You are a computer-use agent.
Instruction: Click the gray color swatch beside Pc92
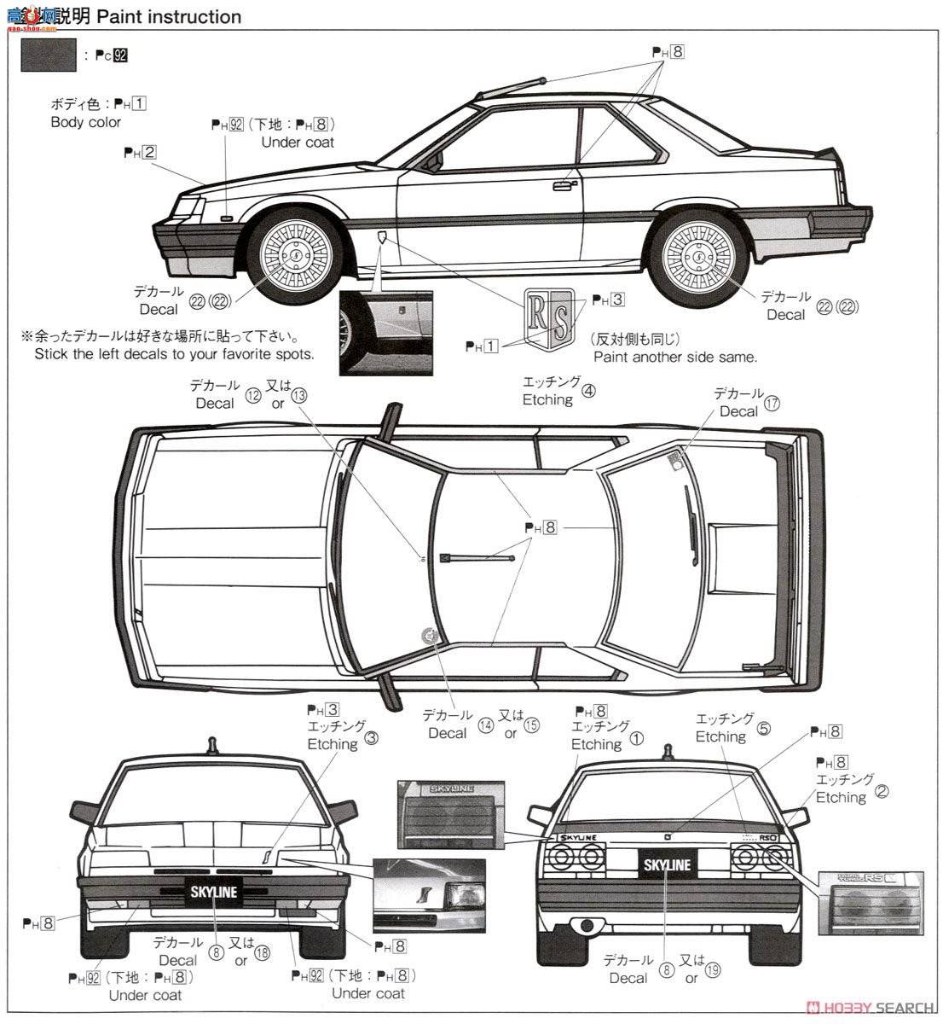tap(48, 56)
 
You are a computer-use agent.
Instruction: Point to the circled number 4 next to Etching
tap(589, 392)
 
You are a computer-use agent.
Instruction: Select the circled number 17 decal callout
tap(772, 404)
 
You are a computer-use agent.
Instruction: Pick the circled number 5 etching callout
tap(764, 728)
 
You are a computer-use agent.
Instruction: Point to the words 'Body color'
tap(86, 122)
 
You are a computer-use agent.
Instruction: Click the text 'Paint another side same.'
tap(675, 357)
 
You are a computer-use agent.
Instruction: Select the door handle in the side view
tap(565, 184)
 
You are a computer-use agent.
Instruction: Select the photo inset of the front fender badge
tap(385, 330)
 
